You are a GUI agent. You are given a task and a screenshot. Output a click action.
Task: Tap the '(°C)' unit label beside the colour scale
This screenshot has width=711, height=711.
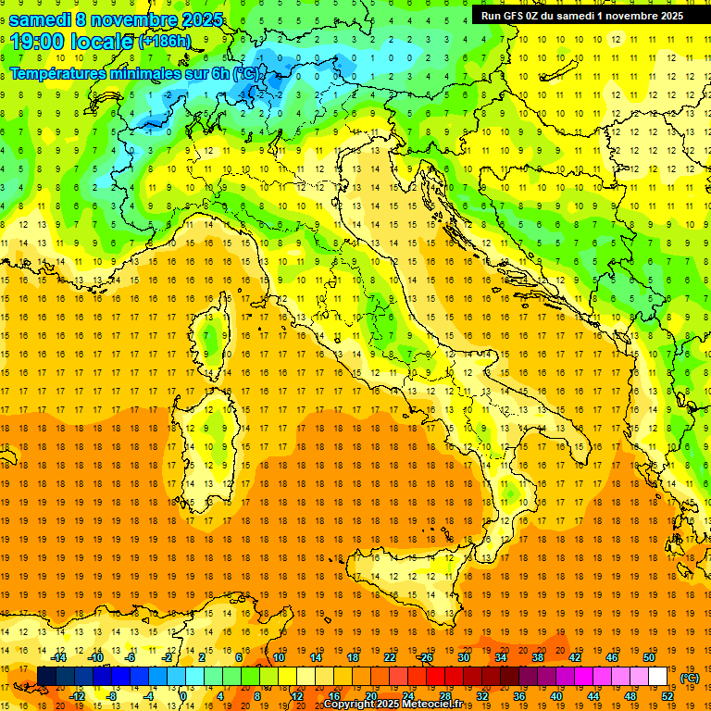point(689,678)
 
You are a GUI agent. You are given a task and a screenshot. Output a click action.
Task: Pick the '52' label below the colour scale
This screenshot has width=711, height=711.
point(667,696)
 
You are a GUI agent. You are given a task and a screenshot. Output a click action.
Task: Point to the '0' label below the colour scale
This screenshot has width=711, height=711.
point(183,696)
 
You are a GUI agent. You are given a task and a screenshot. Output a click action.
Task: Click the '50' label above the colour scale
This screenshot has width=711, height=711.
point(649,657)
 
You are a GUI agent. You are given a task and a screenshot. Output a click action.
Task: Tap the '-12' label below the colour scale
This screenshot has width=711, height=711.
point(77,696)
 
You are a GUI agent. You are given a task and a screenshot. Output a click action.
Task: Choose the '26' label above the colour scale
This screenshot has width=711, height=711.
point(426,657)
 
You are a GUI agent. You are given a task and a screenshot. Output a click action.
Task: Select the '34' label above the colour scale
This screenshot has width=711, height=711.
point(501,657)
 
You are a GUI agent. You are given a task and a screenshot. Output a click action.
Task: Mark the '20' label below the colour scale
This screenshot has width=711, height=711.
point(370,696)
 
